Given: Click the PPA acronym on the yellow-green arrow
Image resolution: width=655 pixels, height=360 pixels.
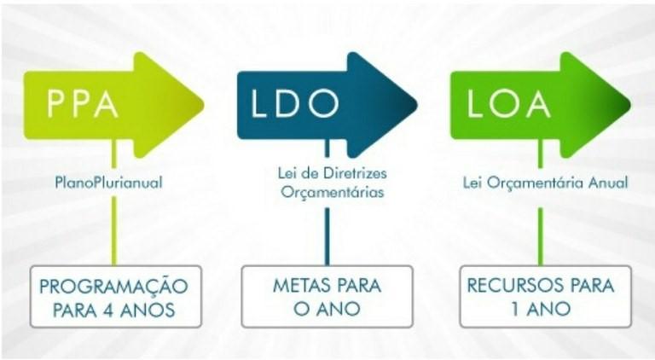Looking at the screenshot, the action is pos(82,103).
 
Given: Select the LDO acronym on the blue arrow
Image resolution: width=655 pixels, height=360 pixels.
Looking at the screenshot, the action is pos(294,103).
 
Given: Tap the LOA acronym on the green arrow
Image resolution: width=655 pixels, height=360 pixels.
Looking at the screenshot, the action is pos(508,103).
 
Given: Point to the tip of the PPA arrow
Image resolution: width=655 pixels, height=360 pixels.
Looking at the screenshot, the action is pos(204,105).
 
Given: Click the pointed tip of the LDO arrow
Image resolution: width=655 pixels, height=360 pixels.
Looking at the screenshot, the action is pos(417,105).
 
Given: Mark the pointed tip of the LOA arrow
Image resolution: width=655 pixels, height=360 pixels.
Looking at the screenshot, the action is pos(630,105).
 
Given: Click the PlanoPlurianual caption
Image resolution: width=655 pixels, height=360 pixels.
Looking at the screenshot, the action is pos(108,183).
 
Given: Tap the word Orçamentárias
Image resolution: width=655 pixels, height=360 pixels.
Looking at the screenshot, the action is pos(332,193).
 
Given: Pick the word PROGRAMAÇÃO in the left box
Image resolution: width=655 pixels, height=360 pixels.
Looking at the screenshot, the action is pos(113,286).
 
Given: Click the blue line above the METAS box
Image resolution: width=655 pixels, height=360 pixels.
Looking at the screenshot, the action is pos(327,236).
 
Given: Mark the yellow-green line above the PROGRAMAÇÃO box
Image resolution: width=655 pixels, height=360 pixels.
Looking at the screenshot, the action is pos(114,231).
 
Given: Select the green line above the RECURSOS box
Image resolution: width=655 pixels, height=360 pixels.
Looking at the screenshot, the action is pos(541,236).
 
